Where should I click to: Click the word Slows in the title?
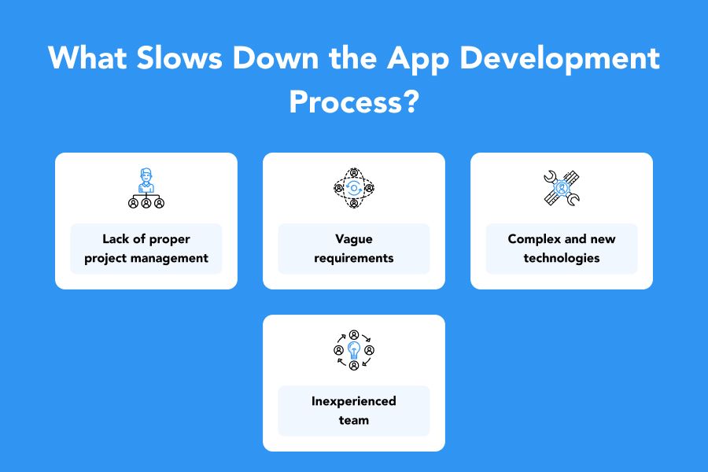(x=179, y=57)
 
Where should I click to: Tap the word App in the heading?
(x=418, y=60)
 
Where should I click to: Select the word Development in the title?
(x=559, y=60)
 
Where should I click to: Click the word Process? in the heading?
(x=354, y=101)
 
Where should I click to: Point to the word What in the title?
(x=87, y=57)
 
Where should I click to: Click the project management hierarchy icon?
(x=146, y=188)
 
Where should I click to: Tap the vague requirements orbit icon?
(x=354, y=188)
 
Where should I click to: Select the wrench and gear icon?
(x=562, y=188)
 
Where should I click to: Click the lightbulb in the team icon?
(x=354, y=350)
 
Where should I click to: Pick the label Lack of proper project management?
(x=146, y=249)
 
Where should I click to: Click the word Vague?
(x=354, y=239)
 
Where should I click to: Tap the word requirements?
(x=354, y=258)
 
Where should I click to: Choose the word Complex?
(x=534, y=239)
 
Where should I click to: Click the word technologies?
(x=562, y=258)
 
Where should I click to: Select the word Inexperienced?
(x=354, y=401)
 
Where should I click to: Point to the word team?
(x=354, y=420)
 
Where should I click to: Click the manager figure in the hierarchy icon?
(x=146, y=180)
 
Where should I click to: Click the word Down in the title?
(x=276, y=57)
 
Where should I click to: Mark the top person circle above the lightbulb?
(x=354, y=334)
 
